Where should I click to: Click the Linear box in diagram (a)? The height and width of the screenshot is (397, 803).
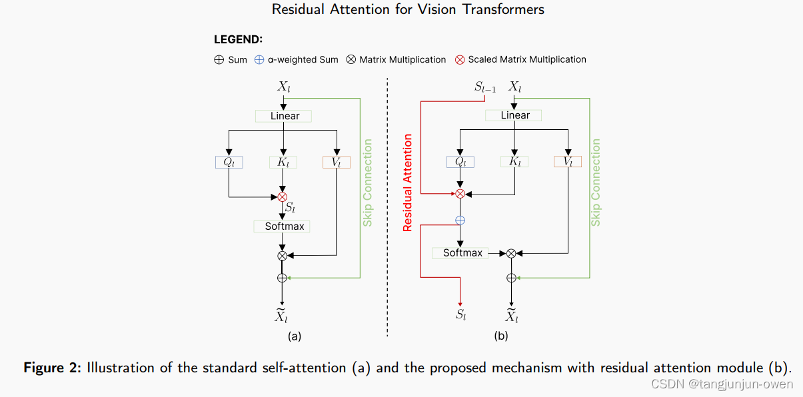[284, 116]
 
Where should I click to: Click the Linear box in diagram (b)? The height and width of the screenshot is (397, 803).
[514, 115]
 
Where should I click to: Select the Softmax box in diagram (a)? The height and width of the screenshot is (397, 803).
[283, 226]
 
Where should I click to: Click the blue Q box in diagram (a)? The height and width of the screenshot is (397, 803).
[229, 162]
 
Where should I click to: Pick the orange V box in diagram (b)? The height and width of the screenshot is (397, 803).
[567, 162]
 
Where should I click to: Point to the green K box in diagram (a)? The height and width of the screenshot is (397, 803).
[283, 162]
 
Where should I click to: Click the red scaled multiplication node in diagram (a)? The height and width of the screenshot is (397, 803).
[282, 197]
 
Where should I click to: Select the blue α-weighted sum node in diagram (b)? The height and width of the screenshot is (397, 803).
[459, 220]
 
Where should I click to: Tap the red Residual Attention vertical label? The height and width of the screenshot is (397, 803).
[408, 183]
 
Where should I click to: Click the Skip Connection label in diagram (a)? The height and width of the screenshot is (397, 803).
[367, 183]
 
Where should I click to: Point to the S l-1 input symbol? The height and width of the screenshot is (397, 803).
[484, 87]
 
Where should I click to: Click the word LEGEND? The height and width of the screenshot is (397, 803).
[238, 40]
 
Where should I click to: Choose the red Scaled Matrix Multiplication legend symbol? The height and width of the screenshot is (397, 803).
[460, 59]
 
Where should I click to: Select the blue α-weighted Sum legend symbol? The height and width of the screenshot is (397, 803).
[260, 59]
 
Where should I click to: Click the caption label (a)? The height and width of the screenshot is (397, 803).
[294, 336]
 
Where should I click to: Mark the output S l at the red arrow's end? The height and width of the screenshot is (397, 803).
[460, 314]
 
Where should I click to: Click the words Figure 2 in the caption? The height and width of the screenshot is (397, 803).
[51, 368]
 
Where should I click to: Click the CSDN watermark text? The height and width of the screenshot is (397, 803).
[722, 384]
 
